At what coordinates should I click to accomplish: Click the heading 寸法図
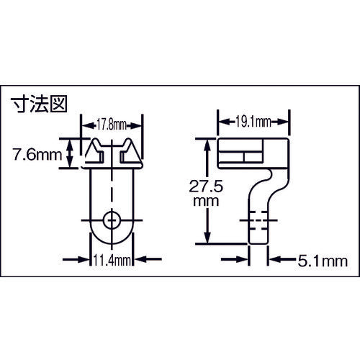tap(40, 104)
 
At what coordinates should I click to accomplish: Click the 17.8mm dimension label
tap(112, 122)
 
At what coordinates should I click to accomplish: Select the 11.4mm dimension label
tap(112, 261)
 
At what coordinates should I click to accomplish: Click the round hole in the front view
tap(112, 218)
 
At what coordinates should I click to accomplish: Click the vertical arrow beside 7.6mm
tap(71, 153)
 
